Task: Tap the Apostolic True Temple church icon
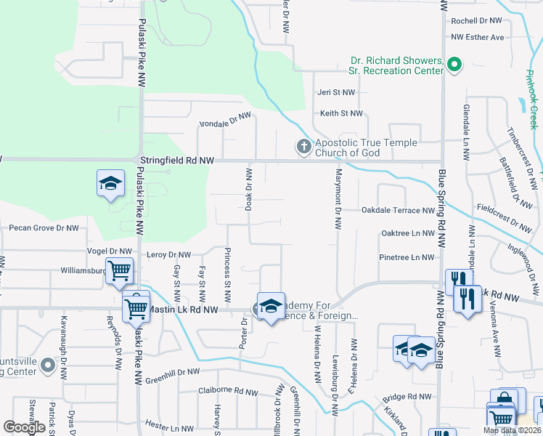[x=303, y=148]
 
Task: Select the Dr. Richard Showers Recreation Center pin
[x=455, y=65]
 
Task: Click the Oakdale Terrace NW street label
[x=398, y=211]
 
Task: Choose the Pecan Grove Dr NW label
[x=44, y=228]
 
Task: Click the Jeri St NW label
[x=336, y=93]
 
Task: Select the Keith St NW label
[x=341, y=113]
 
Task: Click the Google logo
[x=25, y=427]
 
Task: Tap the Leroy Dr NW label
[x=168, y=255]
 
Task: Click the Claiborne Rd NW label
[x=228, y=391]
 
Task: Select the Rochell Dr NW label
[x=476, y=22]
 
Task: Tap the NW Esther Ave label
[x=477, y=37]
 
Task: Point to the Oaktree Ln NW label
[x=407, y=233]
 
